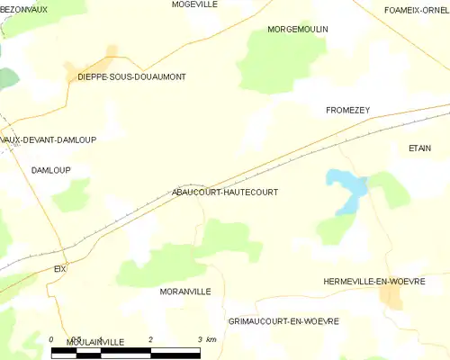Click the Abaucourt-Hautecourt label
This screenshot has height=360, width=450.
click(x=224, y=193)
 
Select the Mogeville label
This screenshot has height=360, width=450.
click(x=194, y=4)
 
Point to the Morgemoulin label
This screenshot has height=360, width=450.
click(x=298, y=30)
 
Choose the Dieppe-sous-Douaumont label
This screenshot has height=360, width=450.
click(x=131, y=77)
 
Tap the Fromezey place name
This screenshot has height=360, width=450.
click(x=347, y=110)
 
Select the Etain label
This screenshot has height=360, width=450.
click(x=419, y=148)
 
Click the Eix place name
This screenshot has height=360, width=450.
click(x=60, y=269)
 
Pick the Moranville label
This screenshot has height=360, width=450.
click(x=184, y=292)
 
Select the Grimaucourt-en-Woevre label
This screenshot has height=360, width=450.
click(x=283, y=321)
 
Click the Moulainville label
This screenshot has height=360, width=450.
click(x=94, y=342)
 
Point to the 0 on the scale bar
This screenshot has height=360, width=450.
click(x=52, y=339)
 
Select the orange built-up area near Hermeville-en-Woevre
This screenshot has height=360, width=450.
click(x=392, y=297)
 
